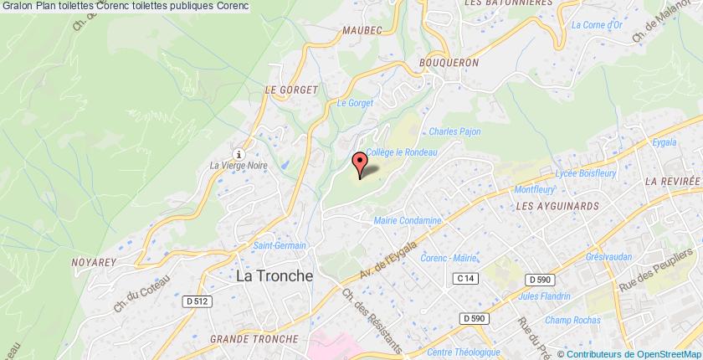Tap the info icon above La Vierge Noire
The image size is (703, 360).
click(240, 153)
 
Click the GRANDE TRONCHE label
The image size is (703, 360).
click(254, 338)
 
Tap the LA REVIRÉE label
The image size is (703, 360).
click(670, 181)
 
